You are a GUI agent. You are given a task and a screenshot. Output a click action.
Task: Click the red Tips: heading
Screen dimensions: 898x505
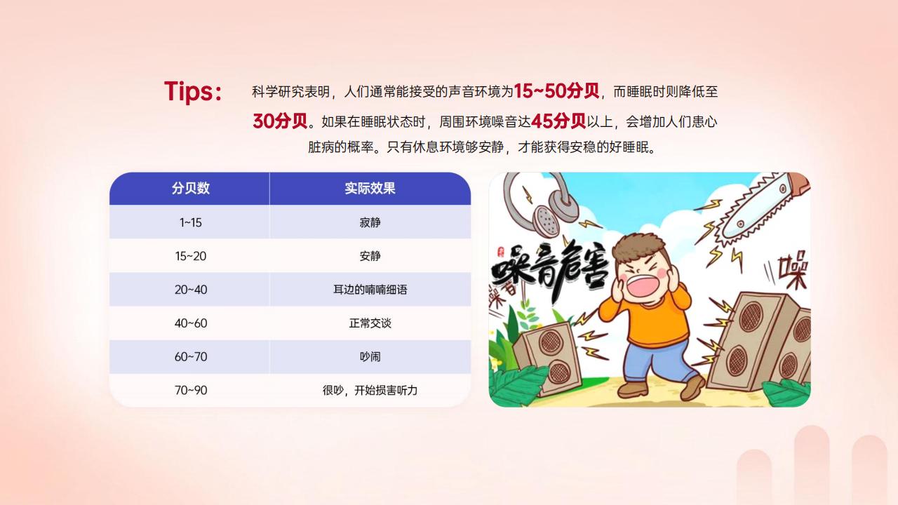193,92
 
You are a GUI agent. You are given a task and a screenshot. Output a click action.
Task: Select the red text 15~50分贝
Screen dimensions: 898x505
556,91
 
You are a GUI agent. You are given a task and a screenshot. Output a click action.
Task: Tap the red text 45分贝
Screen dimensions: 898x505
558,121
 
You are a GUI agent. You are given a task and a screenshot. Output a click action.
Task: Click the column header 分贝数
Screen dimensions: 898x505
190,189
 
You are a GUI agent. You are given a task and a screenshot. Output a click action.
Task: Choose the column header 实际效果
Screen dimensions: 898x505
370,189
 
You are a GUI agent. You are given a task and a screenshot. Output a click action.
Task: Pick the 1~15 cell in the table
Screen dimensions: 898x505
190,222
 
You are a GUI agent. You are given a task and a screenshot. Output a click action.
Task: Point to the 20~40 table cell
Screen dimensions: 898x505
190,290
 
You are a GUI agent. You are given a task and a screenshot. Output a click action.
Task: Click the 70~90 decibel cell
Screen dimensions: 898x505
190,390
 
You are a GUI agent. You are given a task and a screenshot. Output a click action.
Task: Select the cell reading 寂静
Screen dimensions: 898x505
370,222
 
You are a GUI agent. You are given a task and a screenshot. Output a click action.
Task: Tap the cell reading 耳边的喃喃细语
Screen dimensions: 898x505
370,290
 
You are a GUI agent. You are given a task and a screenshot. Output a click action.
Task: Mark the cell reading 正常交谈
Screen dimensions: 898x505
370,323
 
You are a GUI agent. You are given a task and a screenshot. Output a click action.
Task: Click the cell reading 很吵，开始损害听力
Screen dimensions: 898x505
370,390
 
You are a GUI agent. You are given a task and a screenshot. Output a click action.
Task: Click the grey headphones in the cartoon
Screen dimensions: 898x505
540,204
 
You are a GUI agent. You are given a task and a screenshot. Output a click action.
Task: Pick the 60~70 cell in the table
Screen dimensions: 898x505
190,357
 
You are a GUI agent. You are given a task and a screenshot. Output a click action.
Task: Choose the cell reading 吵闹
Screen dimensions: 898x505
370,357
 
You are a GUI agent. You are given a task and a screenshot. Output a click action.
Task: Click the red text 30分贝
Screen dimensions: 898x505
280,121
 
